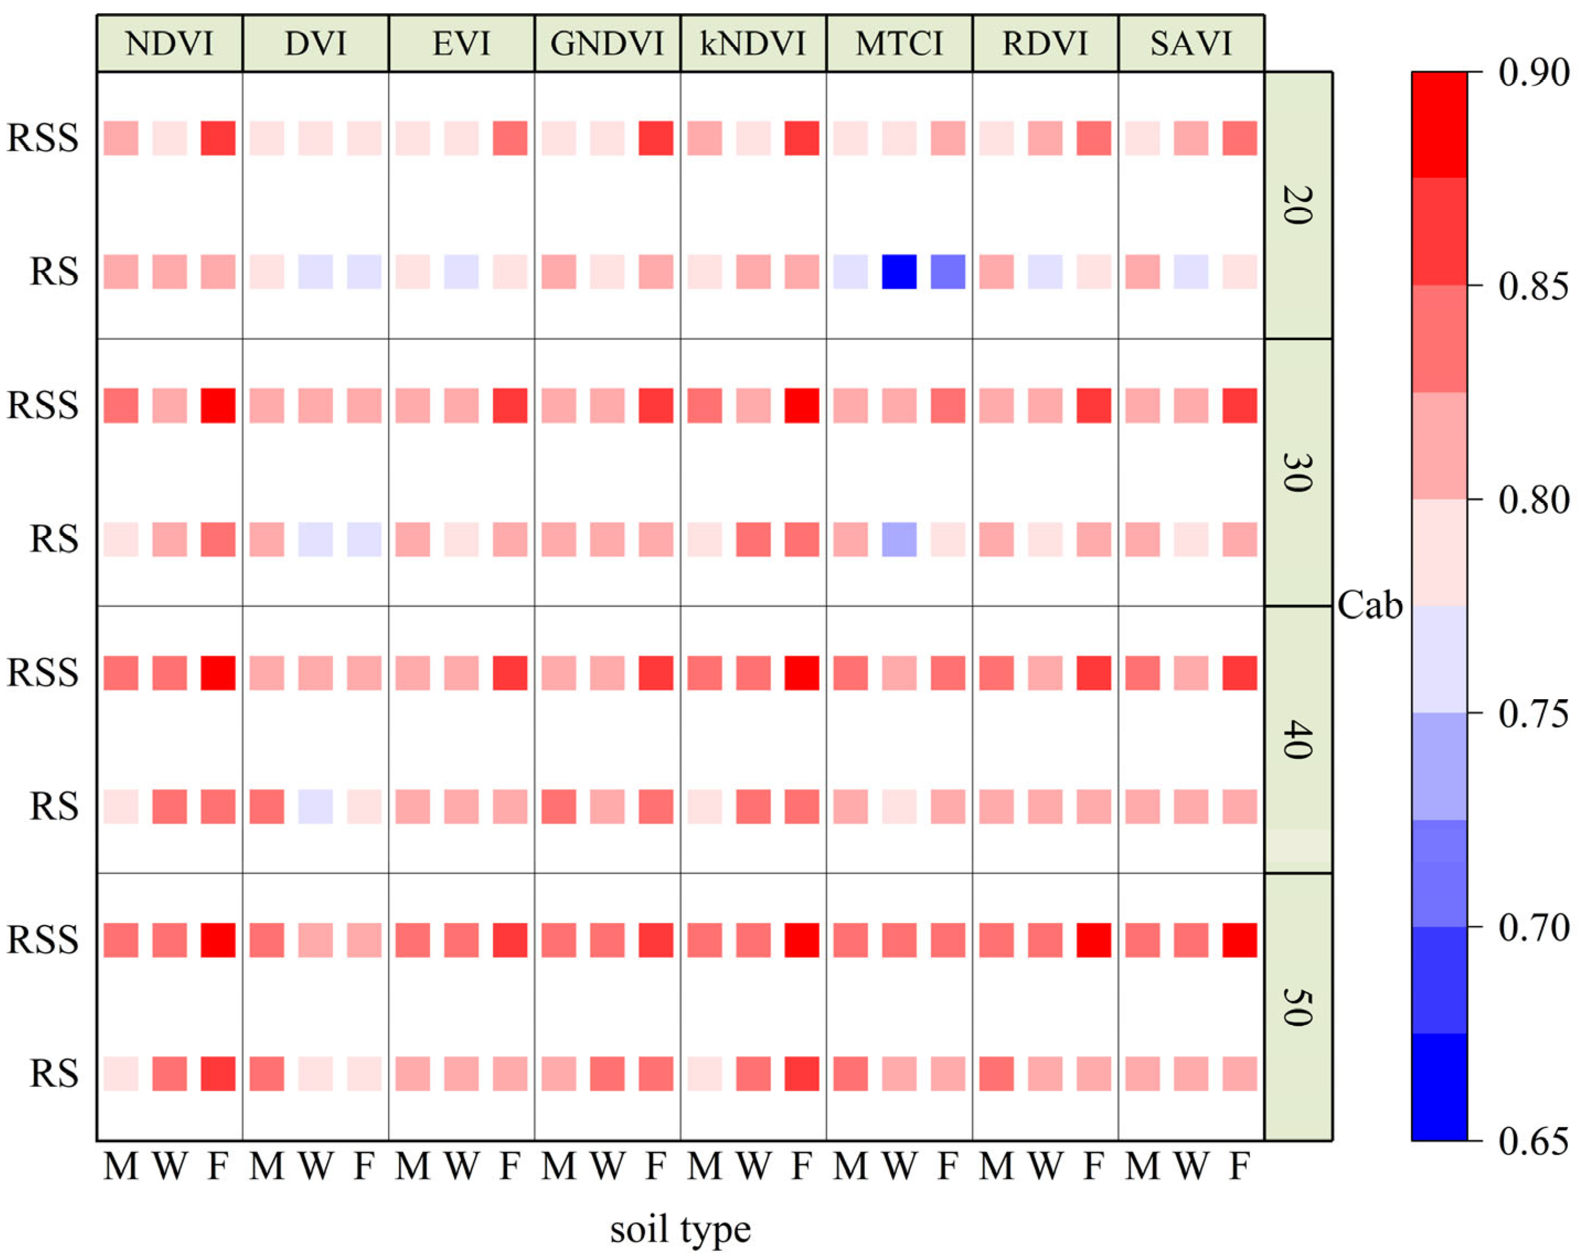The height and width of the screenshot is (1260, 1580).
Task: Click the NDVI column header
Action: pyautogui.click(x=169, y=44)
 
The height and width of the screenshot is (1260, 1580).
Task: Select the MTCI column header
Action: pyautogui.click(x=899, y=44)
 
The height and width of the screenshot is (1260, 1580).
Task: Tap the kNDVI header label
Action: pyautogui.click(x=754, y=44)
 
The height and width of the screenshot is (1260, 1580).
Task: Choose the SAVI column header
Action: pyautogui.click(x=1191, y=44)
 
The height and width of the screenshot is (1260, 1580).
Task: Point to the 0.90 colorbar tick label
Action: pyautogui.click(x=1533, y=72)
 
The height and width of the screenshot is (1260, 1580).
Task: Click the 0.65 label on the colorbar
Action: pyautogui.click(x=1533, y=1141)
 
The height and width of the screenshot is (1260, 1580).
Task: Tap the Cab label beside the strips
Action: pyautogui.click(x=1369, y=606)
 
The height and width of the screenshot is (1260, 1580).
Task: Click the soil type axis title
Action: pyautogui.click(x=680, y=1229)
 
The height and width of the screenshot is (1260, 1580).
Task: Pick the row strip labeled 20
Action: pyautogui.click(x=1298, y=205)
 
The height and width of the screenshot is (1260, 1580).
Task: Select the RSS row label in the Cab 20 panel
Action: pyautogui.click(x=42, y=138)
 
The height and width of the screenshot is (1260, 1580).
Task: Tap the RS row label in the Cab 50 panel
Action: pyautogui.click(x=54, y=1074)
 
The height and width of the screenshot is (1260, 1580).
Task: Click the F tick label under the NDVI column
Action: pyautogui.click(x=218, y=1166)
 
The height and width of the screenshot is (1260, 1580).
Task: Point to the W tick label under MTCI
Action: pyautogui.click(x=899, y=1166)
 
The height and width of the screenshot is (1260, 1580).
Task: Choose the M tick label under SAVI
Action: pyautogui.click(x=1143, y=1166)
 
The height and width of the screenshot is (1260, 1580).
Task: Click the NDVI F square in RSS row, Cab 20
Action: pyautogui.click(x=218, y=139)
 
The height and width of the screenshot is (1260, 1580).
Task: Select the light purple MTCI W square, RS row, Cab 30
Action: pyautogui.click(x=899, y=539)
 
